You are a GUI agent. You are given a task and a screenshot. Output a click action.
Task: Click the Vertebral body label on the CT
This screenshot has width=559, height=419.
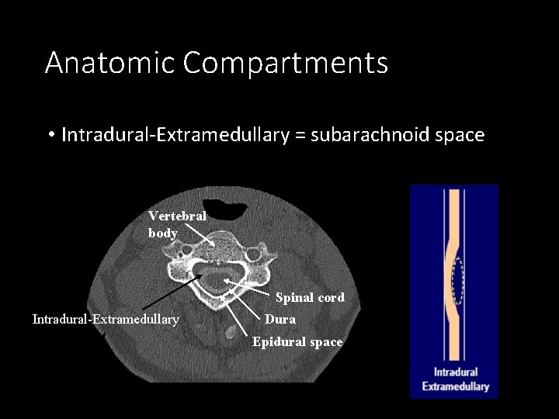(177, 224)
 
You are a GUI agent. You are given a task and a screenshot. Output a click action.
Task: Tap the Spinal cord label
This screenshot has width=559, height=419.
(310, 297)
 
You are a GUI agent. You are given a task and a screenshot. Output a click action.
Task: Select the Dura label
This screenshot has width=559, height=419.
(279, 319)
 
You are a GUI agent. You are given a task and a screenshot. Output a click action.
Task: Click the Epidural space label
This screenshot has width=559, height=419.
(297, 341)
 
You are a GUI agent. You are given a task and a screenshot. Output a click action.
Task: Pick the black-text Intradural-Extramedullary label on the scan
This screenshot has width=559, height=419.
(106, 319)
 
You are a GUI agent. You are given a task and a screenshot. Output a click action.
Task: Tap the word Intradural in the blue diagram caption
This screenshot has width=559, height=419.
(456, 372)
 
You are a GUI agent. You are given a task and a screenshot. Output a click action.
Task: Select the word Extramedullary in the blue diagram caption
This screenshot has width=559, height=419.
(456, 386)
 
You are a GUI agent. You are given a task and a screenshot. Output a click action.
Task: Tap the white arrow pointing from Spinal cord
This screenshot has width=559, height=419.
(248, 287)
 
